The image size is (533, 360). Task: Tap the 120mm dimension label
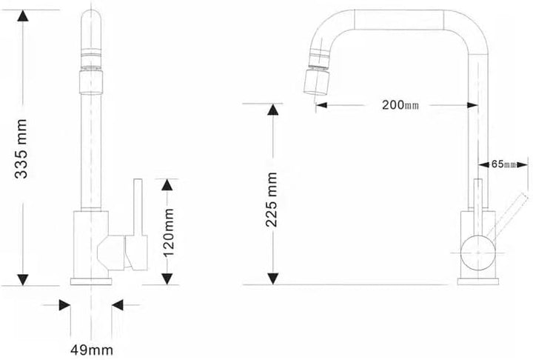click(x=168, y=230)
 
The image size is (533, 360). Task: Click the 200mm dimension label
click(x=400, y=104)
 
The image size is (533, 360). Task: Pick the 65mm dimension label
click(x=503, y=164)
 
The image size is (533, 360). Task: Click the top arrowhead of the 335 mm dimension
click(x=23, y=16)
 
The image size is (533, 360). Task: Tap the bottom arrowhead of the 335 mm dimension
click(x=23, y=279)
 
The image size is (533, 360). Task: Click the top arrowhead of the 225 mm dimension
click(x=274, y=110)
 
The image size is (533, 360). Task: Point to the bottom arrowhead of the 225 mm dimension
click(x=274, y=279)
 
